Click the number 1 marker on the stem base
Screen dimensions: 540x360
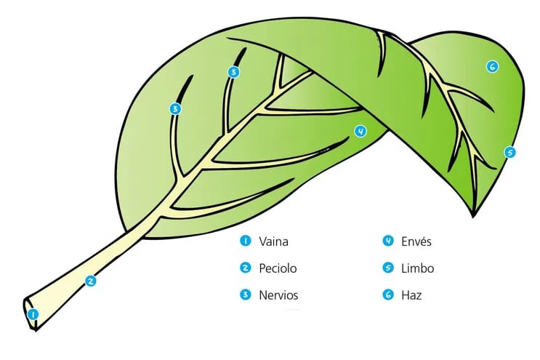[33, 314]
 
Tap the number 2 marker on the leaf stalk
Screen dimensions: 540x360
[90, 281]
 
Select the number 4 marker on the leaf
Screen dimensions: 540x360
[360, 131]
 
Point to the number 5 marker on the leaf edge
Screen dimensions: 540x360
[510, 152]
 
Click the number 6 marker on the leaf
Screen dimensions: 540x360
[493, 66]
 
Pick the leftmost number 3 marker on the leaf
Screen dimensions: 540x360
[175, 109]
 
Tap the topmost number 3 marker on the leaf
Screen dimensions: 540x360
[233, 72]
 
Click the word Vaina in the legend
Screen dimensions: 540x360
[273, 241]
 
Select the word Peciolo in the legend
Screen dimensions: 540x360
[278, 268]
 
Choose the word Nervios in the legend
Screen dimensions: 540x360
[278, 295]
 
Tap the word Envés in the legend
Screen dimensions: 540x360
[416, 241]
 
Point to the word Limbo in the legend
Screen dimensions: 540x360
[417, 268]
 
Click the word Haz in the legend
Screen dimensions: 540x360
[411, 295]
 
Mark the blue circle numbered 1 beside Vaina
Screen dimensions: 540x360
[246, 241]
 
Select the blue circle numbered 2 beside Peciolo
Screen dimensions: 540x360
[246, 268]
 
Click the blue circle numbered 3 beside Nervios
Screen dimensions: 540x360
[246, 295]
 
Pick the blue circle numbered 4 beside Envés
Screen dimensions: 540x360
[388, 241]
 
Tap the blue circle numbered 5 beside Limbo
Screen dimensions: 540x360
[388, 268]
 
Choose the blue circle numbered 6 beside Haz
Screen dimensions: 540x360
[388, 295]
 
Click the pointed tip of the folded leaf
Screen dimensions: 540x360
[473, 217]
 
